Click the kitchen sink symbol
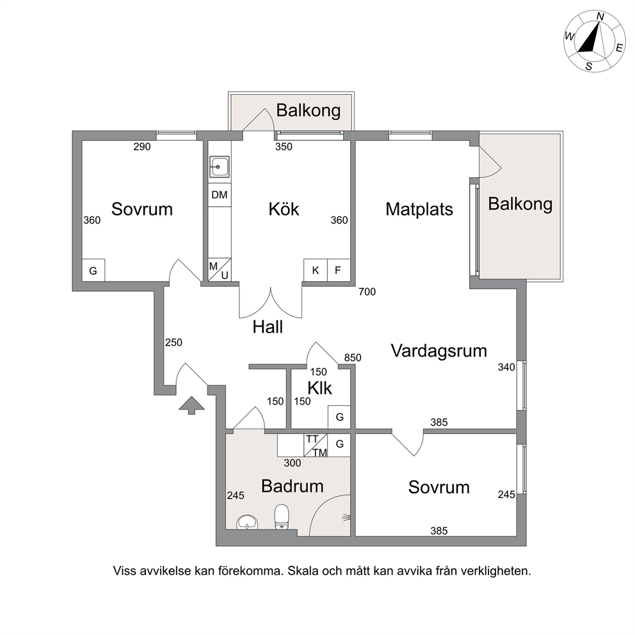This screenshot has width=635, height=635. [219, 167]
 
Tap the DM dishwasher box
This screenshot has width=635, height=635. [220, 195]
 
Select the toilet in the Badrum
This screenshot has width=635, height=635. [282, 517]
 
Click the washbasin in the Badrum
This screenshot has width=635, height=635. [247, 522]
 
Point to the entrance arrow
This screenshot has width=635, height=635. [191, 405]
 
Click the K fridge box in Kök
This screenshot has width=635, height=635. [316, 270]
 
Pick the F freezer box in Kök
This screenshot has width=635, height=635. [338, 270]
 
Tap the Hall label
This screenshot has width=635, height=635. [268, 327]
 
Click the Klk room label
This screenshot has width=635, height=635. [320, 388]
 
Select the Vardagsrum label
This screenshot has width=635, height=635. [439, 351]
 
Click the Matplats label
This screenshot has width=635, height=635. [419, 209]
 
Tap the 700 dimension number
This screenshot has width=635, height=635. [367, 292]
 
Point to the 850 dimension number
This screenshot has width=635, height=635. [353, 358]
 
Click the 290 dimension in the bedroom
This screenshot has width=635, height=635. [142, 147]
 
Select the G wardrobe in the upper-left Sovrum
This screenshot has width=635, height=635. [93, 271]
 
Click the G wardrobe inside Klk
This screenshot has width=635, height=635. [339, 417]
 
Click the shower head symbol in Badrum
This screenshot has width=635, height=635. [347, 517]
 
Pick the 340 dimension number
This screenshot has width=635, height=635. [506, 367]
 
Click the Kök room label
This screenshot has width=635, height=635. [284, 209]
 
